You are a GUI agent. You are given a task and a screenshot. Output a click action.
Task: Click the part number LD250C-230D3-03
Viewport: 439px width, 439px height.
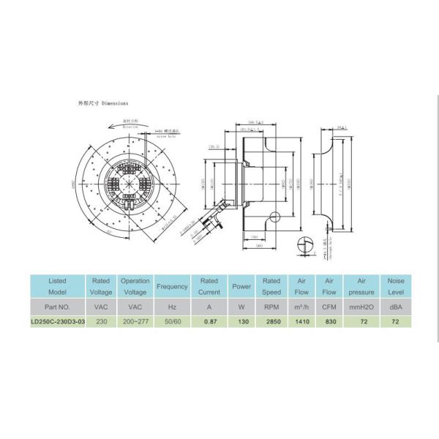click(58, 321)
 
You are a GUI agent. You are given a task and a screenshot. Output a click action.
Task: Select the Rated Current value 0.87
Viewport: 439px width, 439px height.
click(209, 321)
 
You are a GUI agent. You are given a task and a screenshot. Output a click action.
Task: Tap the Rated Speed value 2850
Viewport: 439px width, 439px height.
click(271, 321)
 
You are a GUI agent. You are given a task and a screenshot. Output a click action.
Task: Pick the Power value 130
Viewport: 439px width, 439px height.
click(241, 321)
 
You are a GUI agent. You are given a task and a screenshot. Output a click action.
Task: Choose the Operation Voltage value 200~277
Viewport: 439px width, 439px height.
click(135, 321)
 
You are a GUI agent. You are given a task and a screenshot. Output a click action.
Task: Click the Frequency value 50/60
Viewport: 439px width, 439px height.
click(173, 321)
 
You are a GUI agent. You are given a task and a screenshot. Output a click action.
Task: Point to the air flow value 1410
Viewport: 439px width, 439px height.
click(301, 321)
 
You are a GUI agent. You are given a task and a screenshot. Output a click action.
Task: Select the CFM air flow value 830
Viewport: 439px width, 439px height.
click(330, 321)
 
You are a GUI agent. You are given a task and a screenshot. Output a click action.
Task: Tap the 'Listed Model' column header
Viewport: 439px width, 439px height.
click(58, 285)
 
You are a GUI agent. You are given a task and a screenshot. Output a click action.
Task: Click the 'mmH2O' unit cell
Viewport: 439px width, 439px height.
click(363, 306)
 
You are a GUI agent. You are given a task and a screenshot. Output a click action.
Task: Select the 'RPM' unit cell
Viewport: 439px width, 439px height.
click(271, 306)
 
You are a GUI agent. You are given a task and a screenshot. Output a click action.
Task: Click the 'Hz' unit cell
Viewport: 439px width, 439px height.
click(173, 306)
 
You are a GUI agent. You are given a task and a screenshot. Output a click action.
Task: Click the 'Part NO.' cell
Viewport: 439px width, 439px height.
click(58, 306)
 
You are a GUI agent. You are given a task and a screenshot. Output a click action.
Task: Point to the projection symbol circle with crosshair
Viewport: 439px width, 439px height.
click(307, 247)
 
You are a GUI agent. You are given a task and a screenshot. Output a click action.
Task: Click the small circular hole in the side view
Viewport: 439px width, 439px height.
click(275, 218)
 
